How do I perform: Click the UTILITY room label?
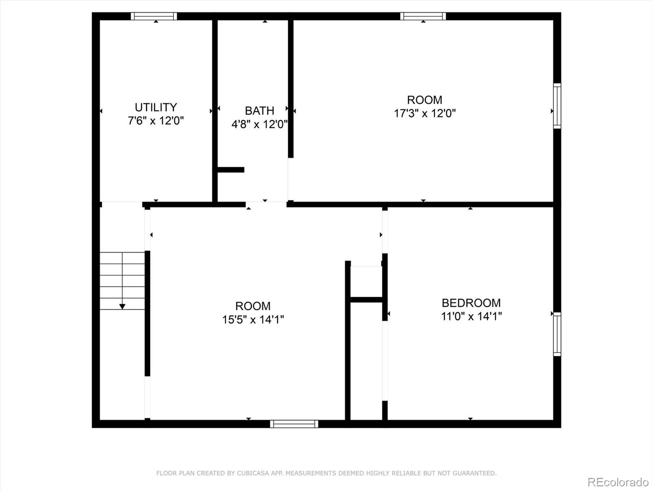point(156,107)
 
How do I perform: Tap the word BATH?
point(260,111)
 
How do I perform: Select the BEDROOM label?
point(471,303)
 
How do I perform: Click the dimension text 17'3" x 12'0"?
point(425,114)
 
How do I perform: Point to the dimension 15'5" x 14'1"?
point(253,320)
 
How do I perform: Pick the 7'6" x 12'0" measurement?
point(156,121)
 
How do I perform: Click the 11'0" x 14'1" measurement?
point(471,316)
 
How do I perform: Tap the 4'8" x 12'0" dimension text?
point(260,124)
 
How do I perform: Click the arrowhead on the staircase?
point(122,306)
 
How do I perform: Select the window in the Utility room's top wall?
point(154,16)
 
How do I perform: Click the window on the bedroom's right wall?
point(557,334)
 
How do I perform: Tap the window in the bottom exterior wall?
point(294,424)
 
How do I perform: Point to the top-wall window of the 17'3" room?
point(423,16)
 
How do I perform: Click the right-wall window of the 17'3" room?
point(557,106)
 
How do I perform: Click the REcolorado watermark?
point(618,482)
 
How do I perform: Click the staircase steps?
point(122,281)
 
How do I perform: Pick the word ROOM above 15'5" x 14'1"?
point(253,306)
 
